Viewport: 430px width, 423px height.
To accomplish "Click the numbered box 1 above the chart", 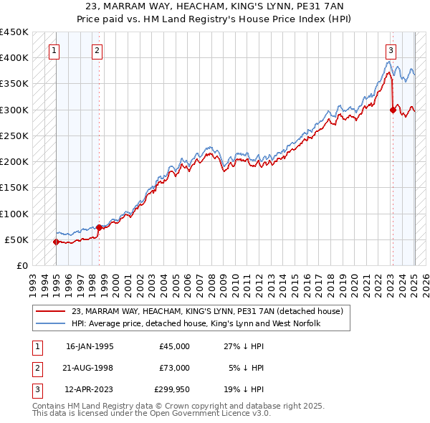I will coord(54,50).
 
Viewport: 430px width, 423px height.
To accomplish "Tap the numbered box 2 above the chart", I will coord(97,50).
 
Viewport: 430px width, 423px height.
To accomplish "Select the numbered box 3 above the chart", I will coord(391,50).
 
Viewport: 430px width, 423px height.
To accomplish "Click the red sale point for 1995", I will coord(56,242).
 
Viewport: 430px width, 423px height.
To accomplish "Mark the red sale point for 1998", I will coord(99,227).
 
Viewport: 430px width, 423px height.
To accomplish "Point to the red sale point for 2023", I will coord(393,110).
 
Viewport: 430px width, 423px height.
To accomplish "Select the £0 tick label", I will coord(22,265).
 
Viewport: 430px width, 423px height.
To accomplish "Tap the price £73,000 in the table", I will coord(175,368).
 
